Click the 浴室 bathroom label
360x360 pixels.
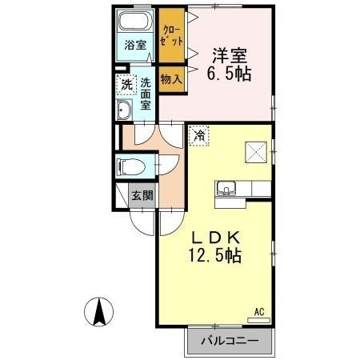coord(134,45)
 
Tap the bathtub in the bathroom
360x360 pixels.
coord(134,22)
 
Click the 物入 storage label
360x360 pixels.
coord(171,79)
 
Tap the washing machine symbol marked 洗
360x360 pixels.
coord(127,83)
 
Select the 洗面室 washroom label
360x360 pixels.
coord(146,93)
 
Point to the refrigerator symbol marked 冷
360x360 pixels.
coord(198,136)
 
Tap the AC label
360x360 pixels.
coord(258,311)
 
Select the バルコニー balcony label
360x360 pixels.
coord(230,342)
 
